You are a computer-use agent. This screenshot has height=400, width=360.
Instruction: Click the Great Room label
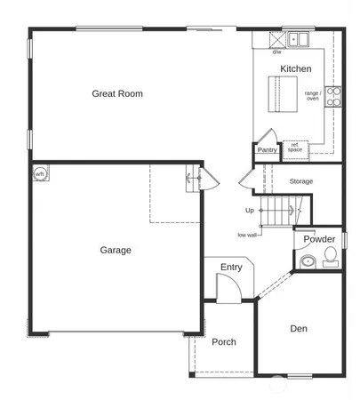point(117,93)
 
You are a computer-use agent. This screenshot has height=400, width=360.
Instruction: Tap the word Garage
point(115,250)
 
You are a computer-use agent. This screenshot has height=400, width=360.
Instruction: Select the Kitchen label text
point(296,68)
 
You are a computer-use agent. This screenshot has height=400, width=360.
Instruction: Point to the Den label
point(299,329)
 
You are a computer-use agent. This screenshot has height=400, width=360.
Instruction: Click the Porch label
point(224,342)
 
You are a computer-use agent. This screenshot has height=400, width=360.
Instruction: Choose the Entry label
point(231,267)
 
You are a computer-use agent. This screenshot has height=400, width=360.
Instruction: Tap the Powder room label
point(319,239)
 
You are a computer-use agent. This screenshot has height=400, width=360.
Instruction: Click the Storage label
point(301,181)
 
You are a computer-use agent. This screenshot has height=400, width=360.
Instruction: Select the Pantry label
point(268,150)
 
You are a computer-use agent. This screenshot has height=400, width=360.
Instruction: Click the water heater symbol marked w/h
point(40,173)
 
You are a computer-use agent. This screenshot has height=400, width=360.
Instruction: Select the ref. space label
point(295,147)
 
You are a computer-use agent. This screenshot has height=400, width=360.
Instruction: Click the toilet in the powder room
point(330,258)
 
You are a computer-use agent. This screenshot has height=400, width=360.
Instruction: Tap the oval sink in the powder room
point(308,261)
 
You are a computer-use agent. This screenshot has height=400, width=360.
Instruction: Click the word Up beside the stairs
point(250,211)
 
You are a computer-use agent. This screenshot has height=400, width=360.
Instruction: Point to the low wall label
point(248,235)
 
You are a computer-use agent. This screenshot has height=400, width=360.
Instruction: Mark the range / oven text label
point(313,96)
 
